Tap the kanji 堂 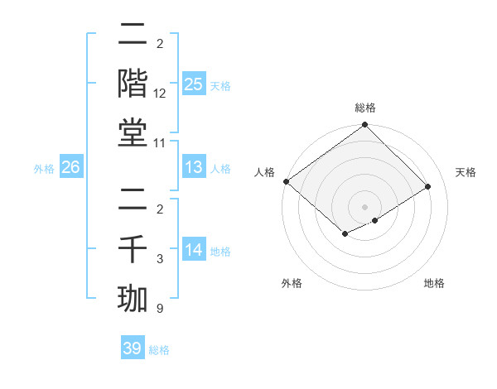(133, 134)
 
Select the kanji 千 (133, 249)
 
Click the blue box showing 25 (194, 84)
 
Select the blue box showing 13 (194, 167)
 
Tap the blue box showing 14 (194, 249)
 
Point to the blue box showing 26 (71, 167)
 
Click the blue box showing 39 (133, 348)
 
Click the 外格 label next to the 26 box (44, 168)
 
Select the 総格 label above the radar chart (365, 108)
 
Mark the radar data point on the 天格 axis (428, 187)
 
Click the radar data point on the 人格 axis (286, 181)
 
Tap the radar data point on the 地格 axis (375, 220)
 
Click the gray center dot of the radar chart (364, 206)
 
